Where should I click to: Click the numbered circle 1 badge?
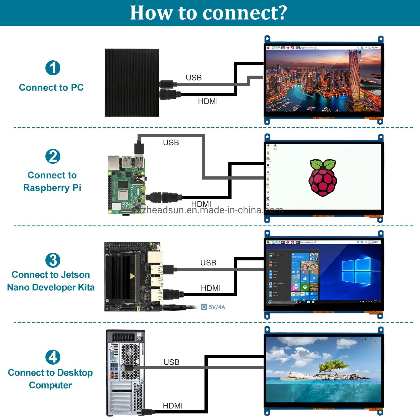tap(53, 68)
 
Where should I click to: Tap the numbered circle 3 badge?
tap(53, 260)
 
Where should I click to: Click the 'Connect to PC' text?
tap(51, 87)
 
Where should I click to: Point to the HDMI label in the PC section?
tap(208, 101)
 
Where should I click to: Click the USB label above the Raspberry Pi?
tap(171, 143)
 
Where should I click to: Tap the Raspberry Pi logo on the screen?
tap(323, 177)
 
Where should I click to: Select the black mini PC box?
tap(132, 83)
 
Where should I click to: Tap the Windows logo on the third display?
tap(356, 271)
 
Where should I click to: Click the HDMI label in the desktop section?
tap(172, 406)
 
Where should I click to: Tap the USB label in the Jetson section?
tap(208, 263)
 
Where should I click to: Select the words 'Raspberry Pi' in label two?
tap(52, 188)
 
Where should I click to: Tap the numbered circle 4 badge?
tap(53, 357)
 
